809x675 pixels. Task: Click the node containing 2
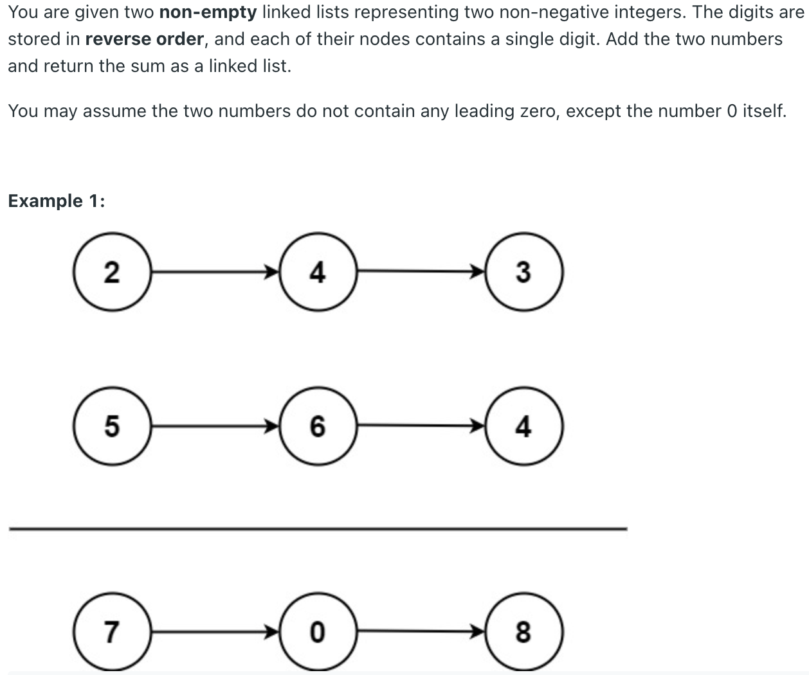click(112, 273)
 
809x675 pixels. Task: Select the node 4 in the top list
click(318, 273)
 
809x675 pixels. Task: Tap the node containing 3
click(523, 273)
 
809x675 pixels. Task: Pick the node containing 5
click(112, 426)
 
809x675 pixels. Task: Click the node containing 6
click(318, 426)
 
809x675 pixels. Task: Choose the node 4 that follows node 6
click(523, 426)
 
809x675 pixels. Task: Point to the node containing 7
click(112, 632)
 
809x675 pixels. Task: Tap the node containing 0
click(318, 632)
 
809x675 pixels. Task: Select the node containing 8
click(523, 632)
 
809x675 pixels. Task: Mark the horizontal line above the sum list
click(318, 528)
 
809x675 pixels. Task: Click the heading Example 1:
click(57, 201)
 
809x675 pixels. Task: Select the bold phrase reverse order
click(144, 39)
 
